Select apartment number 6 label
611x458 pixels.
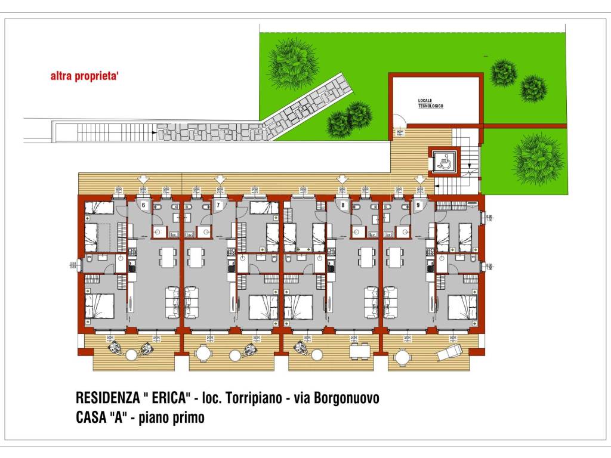(x=143, y=205)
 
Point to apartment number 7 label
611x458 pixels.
(x=218, y=205)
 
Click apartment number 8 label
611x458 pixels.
(x=342, y=205)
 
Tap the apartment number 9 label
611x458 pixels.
(x=418, y=205)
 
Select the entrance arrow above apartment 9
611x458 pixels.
(x=420, y=179)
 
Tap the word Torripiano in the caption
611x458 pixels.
(x=249, y=398)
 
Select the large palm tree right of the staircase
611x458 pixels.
(x=538, y=159)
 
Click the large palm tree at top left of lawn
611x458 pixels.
(x=292, y=63)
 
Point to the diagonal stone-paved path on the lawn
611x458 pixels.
(x=304, y=107)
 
